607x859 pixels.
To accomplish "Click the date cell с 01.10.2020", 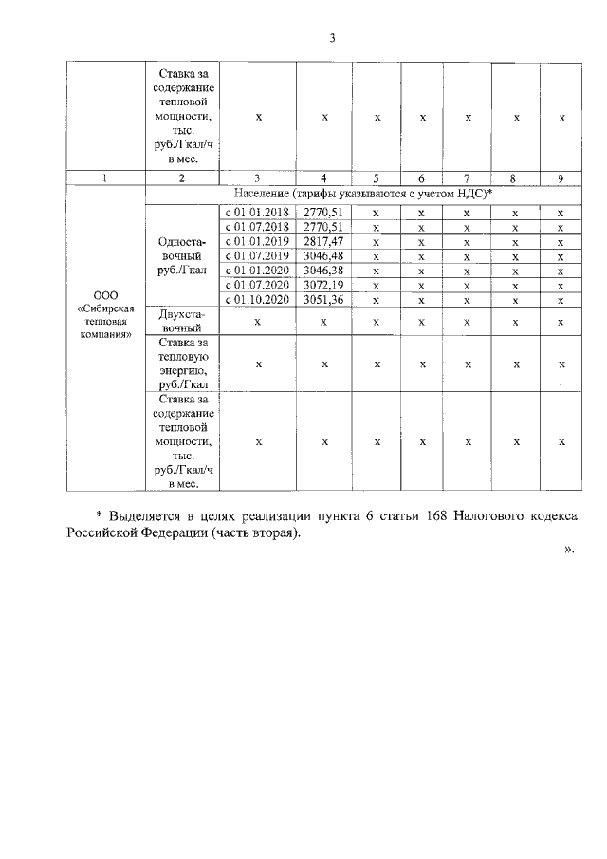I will [256, 300].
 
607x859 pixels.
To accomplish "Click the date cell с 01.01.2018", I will [256, 213].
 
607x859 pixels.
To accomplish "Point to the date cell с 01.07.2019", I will [256, 256].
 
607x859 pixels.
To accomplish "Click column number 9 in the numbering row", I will [561, 177].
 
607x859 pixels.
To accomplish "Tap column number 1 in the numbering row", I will [104, 177].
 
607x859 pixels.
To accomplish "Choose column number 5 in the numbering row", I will [377, 177].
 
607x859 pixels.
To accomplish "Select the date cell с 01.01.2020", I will [256, 271].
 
